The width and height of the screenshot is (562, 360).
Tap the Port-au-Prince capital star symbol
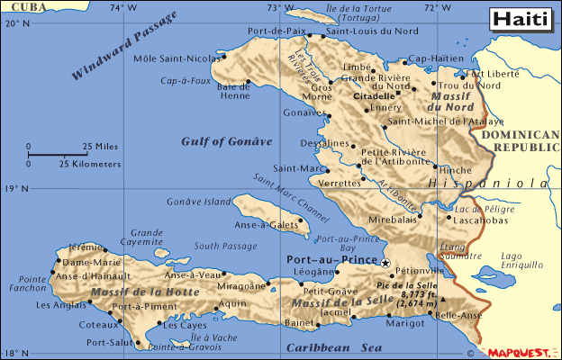point(385,262)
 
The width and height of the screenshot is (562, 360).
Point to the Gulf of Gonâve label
point(226,140)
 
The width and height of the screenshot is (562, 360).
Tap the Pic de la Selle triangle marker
point(443,300)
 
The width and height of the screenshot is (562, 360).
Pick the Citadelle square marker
point(397,93)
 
